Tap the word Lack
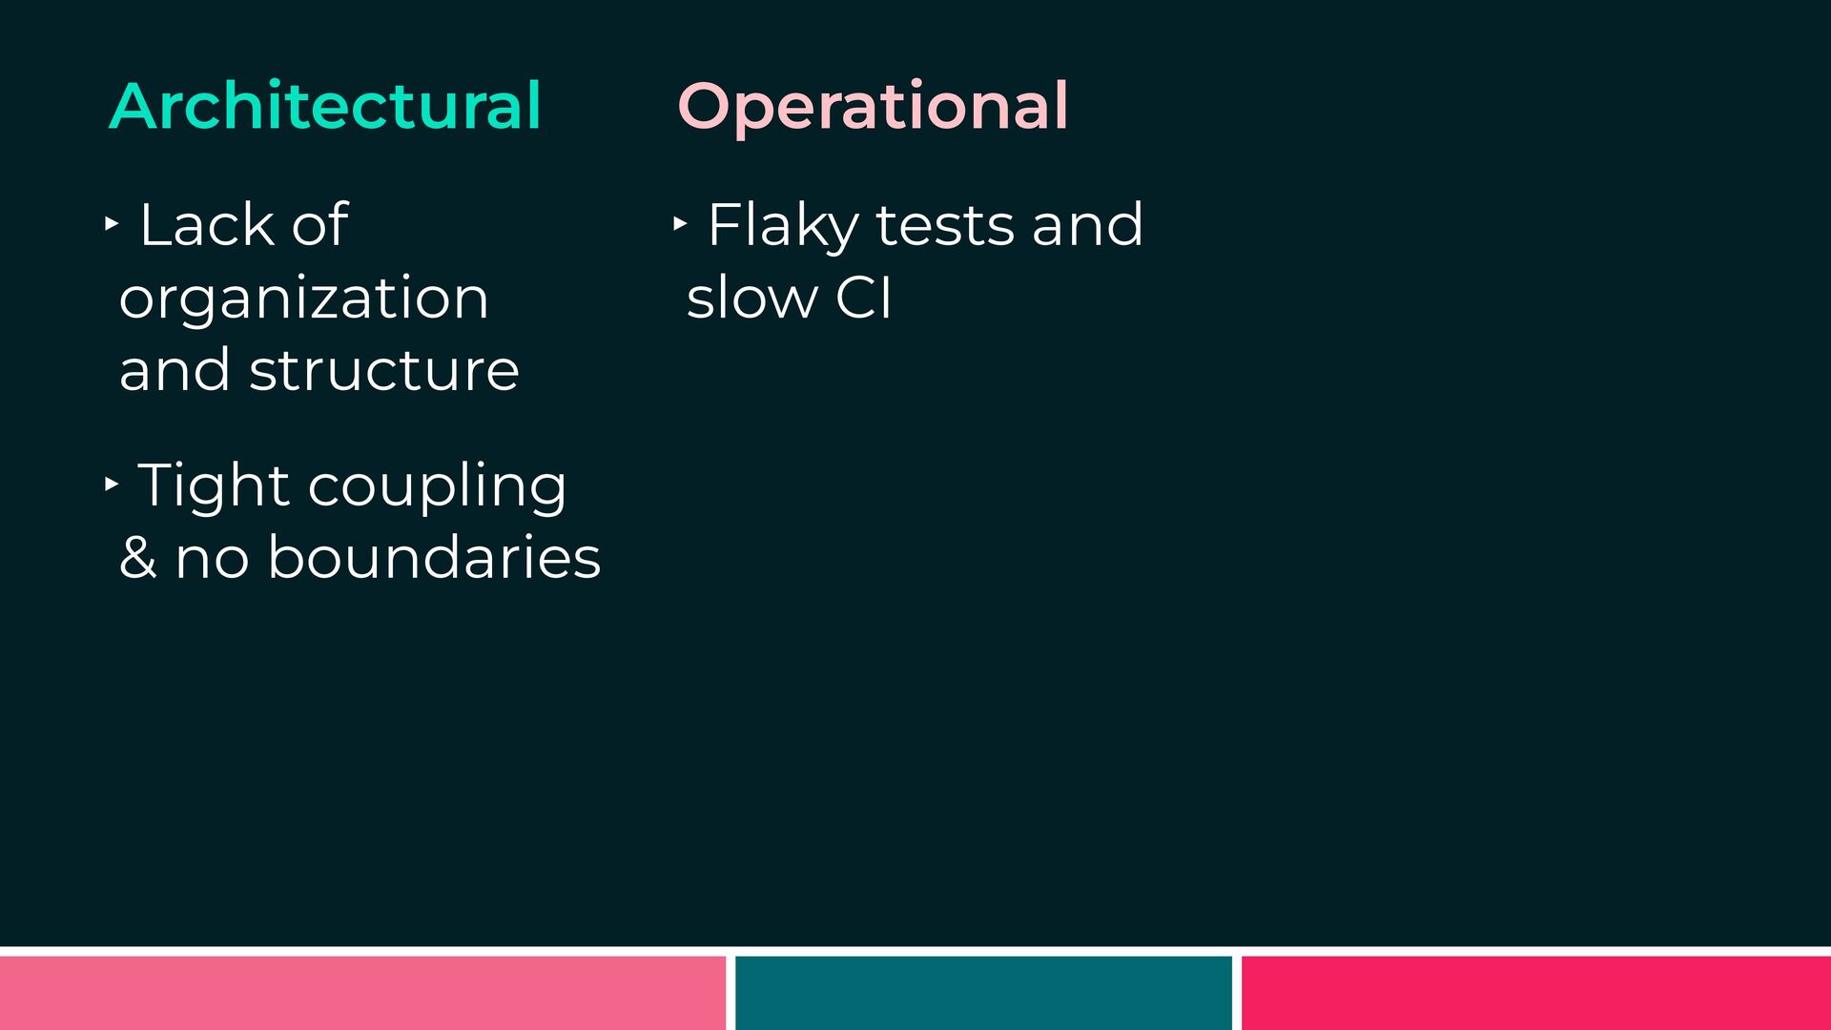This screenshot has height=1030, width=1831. pos(205,225)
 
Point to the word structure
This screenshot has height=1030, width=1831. pos(384,370)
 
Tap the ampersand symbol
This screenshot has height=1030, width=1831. pos(138,557)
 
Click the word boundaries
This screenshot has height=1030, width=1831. pos(434,557)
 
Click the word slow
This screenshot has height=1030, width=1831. pos(751,298)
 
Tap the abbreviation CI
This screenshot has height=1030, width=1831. pos(864,298)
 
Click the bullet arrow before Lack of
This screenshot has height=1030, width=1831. pos(112,224)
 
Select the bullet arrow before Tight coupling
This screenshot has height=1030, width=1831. pos(112,484)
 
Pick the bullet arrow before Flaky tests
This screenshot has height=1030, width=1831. pos(679,224)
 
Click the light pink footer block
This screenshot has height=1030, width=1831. pos(362,993)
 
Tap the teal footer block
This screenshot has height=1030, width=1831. pos(983,993)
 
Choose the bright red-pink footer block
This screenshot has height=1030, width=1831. pos(1536,993)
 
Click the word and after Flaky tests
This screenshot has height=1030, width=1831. pos(1087,225)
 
